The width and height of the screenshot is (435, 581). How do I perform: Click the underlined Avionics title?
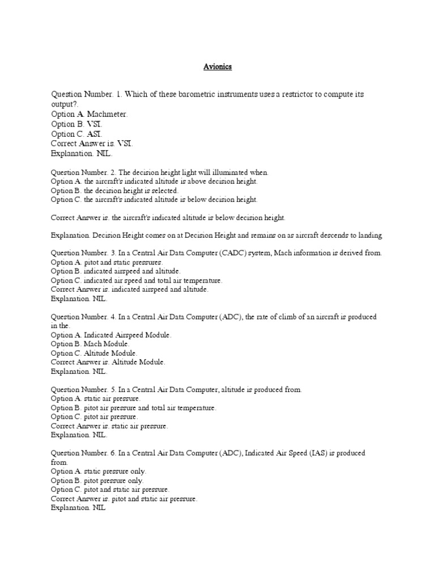click(217, 67)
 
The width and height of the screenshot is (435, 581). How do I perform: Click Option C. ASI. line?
click(77, 134)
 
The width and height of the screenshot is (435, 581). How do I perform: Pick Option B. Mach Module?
click(91, 344)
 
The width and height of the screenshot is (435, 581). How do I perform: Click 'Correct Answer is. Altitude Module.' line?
click(108, 362)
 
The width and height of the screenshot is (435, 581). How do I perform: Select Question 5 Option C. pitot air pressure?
click(94, 416)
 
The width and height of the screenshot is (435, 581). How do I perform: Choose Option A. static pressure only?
click(99, 471)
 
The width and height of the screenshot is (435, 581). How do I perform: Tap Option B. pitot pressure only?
click(97, 480)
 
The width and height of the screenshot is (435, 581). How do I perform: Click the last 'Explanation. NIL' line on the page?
click(78, 508)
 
